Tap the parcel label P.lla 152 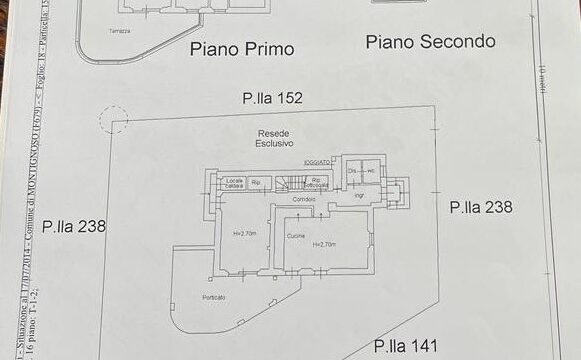click(271, 98)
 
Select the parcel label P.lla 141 click(405, 346)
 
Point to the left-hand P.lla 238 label click(75, 226)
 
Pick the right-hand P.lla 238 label click(481, 207)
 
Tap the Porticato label click(212, 297)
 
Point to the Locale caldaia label click(236, 182)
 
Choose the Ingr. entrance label click(358, 195)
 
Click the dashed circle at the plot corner click(114, 120)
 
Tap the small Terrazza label click(121, 31)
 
